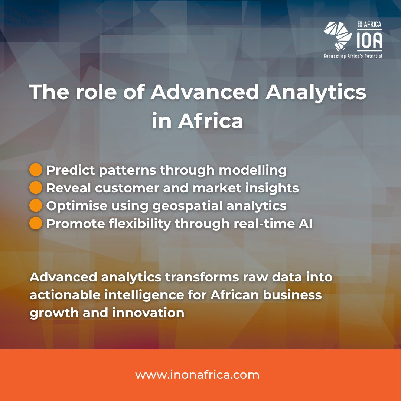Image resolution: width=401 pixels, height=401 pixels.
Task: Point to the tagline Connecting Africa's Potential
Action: coord(353,56)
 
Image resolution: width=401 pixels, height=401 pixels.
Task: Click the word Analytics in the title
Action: coord(316,92)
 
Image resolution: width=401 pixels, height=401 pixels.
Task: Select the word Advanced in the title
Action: coord(204,92)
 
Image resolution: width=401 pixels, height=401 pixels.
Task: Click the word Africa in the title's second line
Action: coord(211,121)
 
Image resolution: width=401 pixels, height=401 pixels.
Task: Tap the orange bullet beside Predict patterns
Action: coord(36,170)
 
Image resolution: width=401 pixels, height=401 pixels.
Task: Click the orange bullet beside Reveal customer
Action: coord(36,188)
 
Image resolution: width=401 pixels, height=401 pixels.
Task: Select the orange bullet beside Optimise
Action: coord(36,206)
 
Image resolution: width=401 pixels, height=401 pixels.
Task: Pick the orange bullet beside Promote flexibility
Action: coord(36,224)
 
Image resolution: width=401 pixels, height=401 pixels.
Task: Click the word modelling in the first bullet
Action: coord(253,170)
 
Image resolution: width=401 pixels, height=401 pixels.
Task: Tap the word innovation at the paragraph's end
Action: coord(148,313)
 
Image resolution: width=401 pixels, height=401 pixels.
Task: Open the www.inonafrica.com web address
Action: coord(197,375)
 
